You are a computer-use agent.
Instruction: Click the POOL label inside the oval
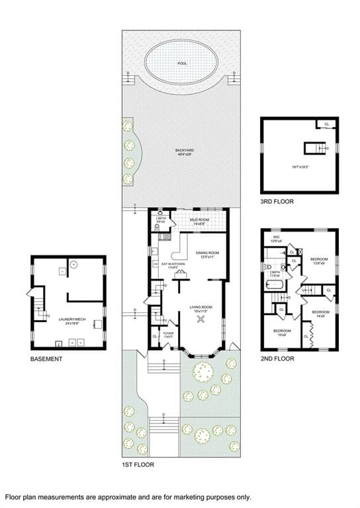pos(182,64)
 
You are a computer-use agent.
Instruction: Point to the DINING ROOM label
pos(207,254)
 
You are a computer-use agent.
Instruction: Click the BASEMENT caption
pos(46,359)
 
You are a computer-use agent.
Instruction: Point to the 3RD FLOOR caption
pos(277,201)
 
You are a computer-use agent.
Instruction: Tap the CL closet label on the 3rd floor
pos(326,124)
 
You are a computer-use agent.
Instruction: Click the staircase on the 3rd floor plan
pos(312,148)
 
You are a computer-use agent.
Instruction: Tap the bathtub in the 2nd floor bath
pos(274,285)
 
